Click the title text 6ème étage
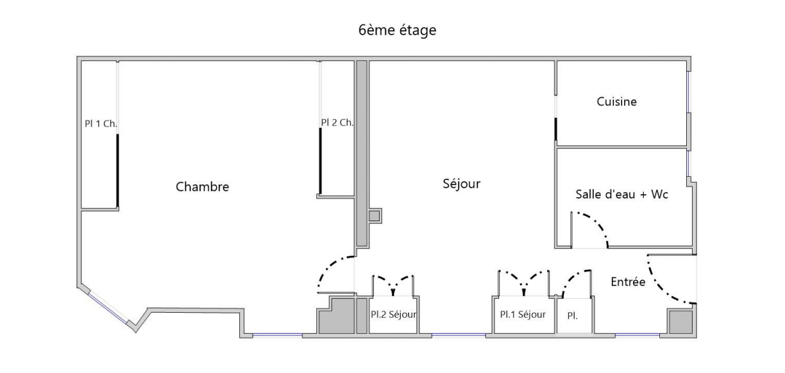click(x=398, y=30)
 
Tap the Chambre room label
click(x=202, y=187)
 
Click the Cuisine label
click(x=616, y=101)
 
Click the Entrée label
click(x=627, y=282)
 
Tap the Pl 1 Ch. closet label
click(x=99, y=124)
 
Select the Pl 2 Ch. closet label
click(x=337, y=122)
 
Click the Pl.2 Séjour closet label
click(x=394, y=315)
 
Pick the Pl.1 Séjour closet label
click(x=523, y=315)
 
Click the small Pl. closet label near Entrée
click(x=572, y=316)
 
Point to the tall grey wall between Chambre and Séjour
click(x=361, y=154)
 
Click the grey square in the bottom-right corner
click(x=679, y=322)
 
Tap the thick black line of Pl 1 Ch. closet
click(x=117, y=170)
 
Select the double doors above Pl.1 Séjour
click(x=524, y=279)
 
